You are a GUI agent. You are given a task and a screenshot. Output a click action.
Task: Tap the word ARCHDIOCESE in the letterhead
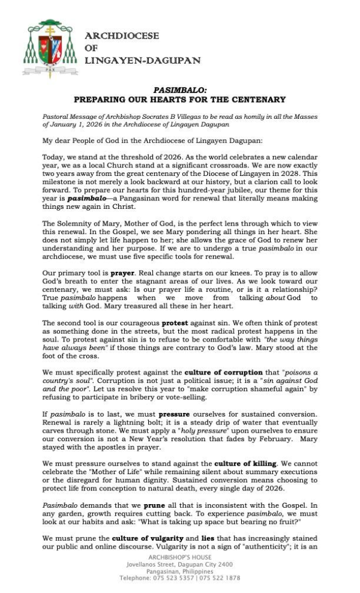[x=122, y=36]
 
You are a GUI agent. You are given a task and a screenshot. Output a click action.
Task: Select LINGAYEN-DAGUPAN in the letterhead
[x=142, y=61]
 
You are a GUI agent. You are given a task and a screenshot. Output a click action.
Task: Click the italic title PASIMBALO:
[x=179, y=90]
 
